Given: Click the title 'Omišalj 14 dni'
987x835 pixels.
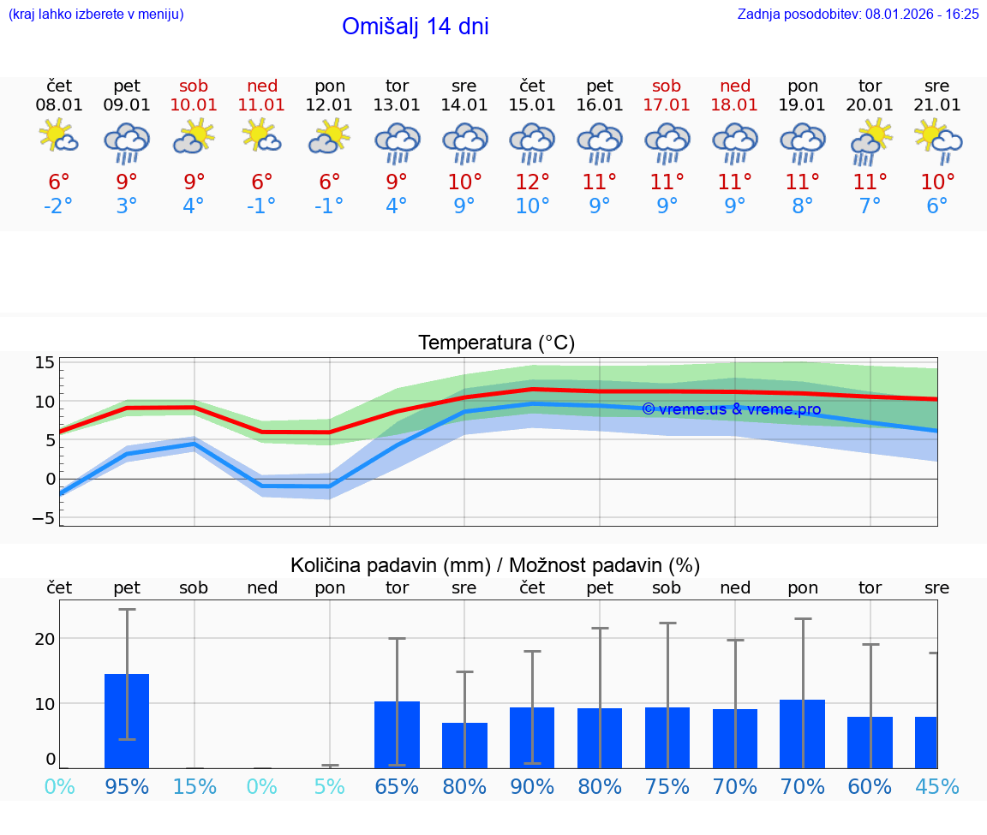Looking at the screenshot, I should pyautogui.click(x=415, y=27).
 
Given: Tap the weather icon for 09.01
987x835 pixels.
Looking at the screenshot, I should pyautogui.click(x=127, y=141).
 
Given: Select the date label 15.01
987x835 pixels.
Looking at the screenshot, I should pyautogui.click(x=532, y=105).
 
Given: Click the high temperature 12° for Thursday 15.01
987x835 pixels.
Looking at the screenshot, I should pyautogui.click(x=532, y=182).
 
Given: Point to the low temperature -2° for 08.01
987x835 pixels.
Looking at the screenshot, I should pyautogui.click(x=59, y=206).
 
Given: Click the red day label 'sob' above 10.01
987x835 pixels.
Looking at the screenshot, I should pyautogui.click(x=194, y=86).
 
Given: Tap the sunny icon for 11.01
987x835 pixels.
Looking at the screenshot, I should pyautogui.click(x=262, y=136).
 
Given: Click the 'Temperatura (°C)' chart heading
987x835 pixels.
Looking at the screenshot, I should pyautogui.click(x=496, y=343).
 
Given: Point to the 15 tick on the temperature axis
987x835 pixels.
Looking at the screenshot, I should pyautogui.click(x=45, y=362).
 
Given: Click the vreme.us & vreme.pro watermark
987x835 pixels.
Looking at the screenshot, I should pyautogui.click(x=731, y=409).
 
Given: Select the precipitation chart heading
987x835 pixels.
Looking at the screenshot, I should pyautogui.click(x=495, y=565).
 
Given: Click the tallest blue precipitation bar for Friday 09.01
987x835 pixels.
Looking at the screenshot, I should pyautogui.click(x=127, y=720).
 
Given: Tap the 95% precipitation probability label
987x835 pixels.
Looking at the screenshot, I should pyautogui.click(x=127, y=786).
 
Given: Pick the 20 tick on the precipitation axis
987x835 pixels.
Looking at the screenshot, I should pyautogui.click(x=45, y=639).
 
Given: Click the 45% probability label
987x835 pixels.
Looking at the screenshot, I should pyautogui.click(x=937, y=786).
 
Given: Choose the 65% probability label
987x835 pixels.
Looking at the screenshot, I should pyautogui.click(x=397, y=786).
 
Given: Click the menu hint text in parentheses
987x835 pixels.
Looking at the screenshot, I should pyautogui.click(x=96, y=15).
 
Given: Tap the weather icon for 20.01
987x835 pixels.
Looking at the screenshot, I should pyautogui.click(x=870, y=141).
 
